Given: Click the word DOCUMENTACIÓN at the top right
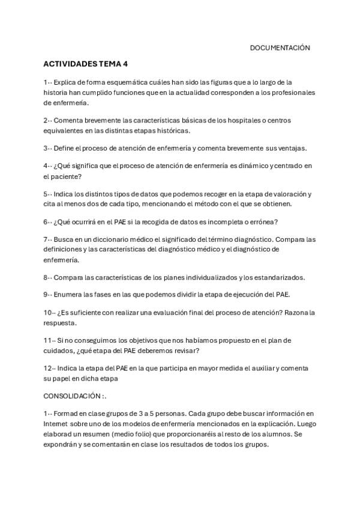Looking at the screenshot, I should pos(280,48).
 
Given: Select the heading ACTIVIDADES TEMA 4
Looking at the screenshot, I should pos(85,64).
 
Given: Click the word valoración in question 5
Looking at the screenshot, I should pos(292,194).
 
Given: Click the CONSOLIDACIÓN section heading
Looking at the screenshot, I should pos(72,397).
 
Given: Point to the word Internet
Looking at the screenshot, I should pos(57,424).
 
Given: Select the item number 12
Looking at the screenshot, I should pos(49,369).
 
